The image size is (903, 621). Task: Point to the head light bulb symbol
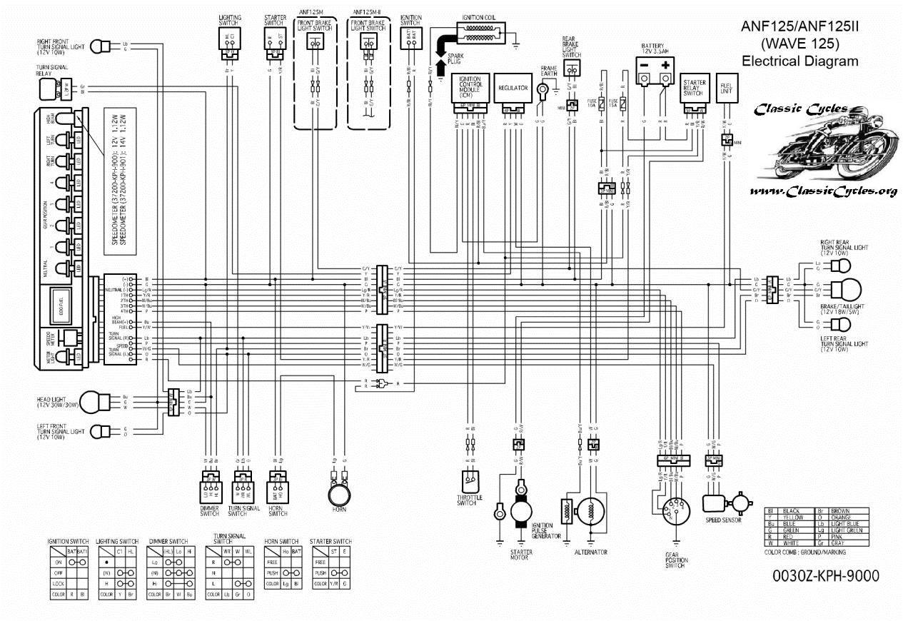pyautogui.click(x=93, y=401)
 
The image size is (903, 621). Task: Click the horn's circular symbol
pyautogui.click(x=339, y=494)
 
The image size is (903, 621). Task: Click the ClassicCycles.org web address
pyautogui.click(x=823, y=191)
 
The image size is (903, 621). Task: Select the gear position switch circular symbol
pyautogui.click(x=674, y=510)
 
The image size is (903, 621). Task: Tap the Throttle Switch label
pyautogui.click(x=468, y=500)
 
